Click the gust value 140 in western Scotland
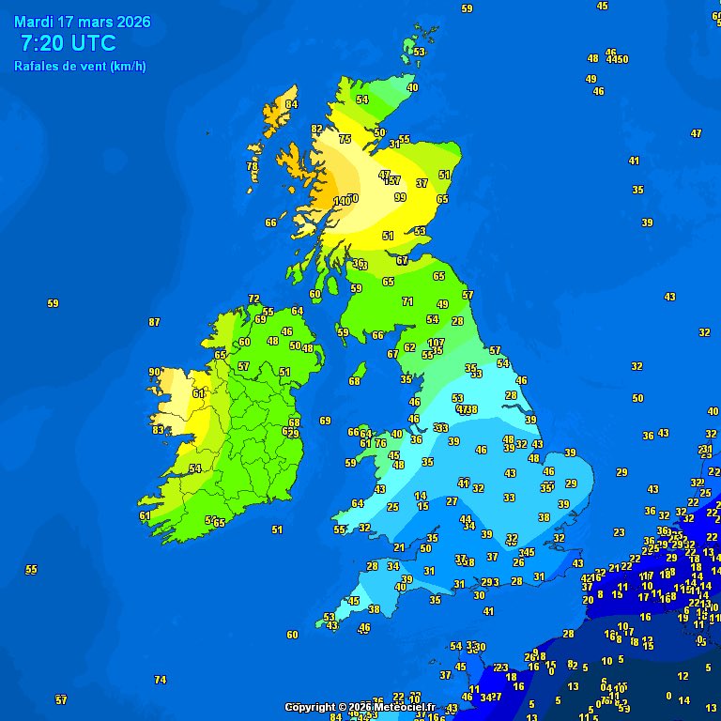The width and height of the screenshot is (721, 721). point(343,201)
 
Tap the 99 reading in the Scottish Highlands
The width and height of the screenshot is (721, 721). point(401,197)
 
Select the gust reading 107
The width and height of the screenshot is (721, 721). point(436,343)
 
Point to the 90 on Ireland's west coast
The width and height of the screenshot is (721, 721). point(154,372)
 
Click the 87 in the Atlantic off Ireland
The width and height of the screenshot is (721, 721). point(154,322)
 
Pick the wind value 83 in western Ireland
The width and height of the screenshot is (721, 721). point(159,430)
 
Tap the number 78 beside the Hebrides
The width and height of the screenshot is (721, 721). point(252,166)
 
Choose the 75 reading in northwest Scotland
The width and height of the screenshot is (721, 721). point(345,139)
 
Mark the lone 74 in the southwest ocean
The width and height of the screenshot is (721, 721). point(160,680)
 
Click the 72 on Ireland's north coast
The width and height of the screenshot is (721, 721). point(253,299)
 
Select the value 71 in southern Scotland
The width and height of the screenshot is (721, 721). point(407,301)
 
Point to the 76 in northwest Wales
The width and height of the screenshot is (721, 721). point(380,443)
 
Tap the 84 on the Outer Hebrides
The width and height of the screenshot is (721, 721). point(292,104)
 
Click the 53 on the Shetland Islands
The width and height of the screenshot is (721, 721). point(420,52)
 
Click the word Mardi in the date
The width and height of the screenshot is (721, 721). point(34,22)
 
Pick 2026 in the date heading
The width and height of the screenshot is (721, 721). point(130,22)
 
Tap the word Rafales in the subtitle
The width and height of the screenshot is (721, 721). point(37,67)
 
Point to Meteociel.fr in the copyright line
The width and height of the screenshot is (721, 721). point(405,707)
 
